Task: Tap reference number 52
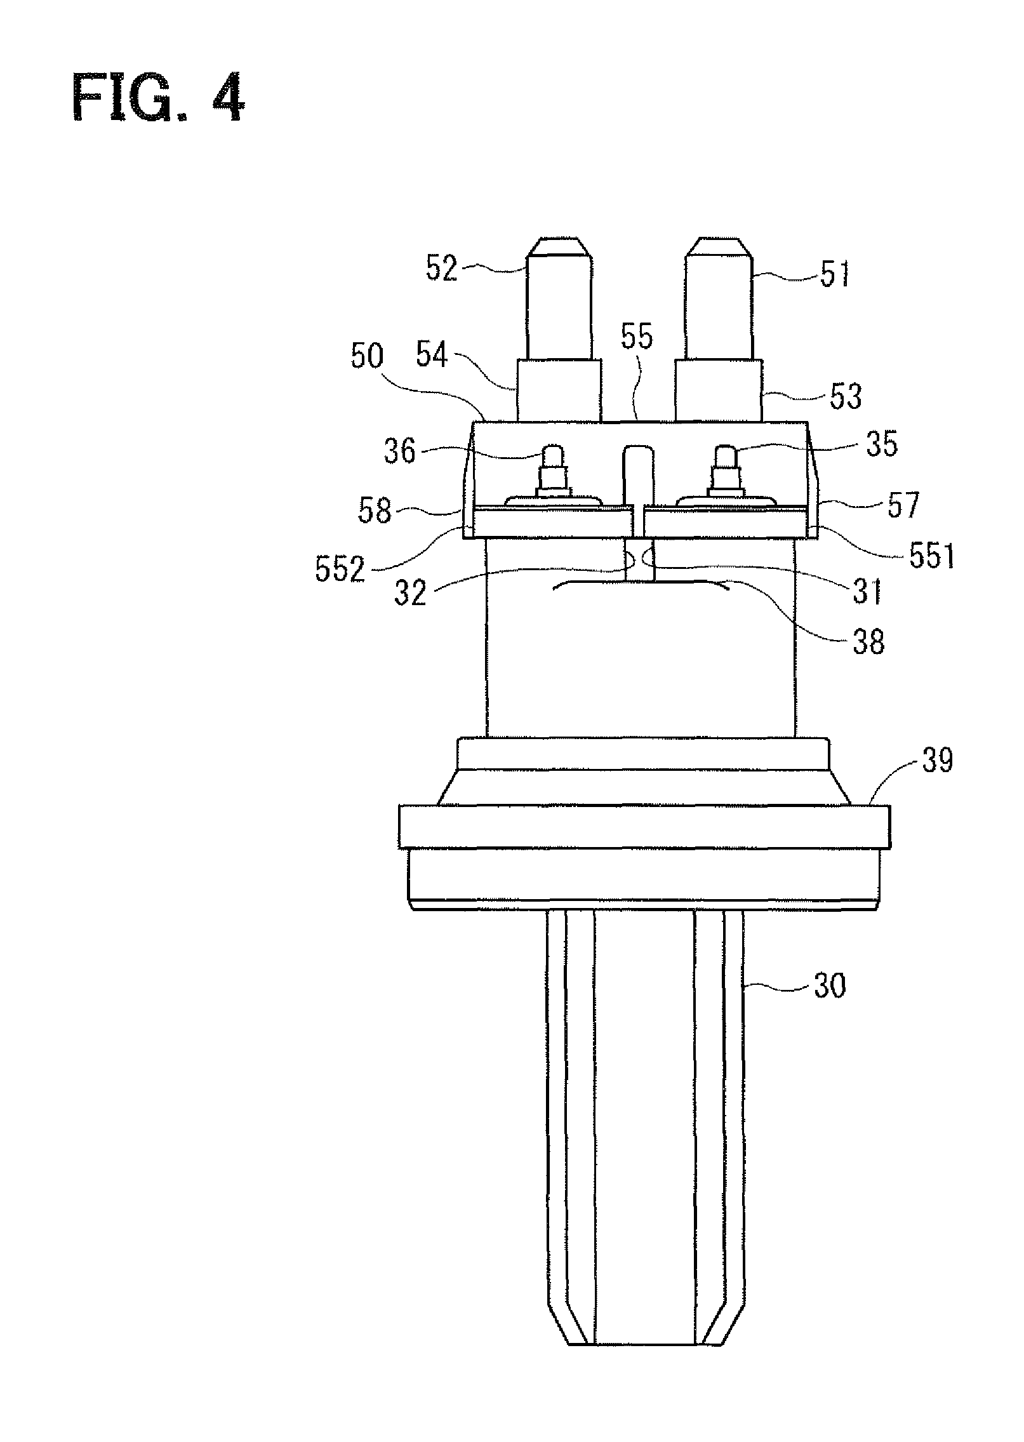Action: tap(441, 269)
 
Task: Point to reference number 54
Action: tap(432, 356)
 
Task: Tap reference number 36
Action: tap(399, 451)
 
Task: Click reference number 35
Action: tap(882, 445)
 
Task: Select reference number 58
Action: tap(375, 511)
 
